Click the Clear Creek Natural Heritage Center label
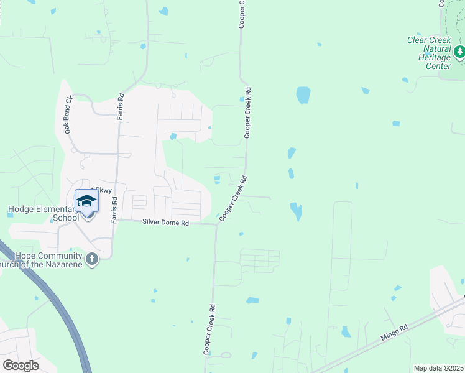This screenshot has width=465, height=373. click(428, 53)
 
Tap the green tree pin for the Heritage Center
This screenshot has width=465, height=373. click(459, 52)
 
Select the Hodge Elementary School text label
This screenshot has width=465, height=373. click(43, 213)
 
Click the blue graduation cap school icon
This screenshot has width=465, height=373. click(87, 201)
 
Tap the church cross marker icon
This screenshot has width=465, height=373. click(92, 259)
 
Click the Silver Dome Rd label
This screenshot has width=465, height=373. click(165, 222)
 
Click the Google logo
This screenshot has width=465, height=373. click(21, 365)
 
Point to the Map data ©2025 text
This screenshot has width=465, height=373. click(438, 368)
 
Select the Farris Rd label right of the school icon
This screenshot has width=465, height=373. click(114, 210)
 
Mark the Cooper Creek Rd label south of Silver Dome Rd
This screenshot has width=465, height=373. click(209, 329)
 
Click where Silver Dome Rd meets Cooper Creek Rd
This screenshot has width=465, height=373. click(216, 224)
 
